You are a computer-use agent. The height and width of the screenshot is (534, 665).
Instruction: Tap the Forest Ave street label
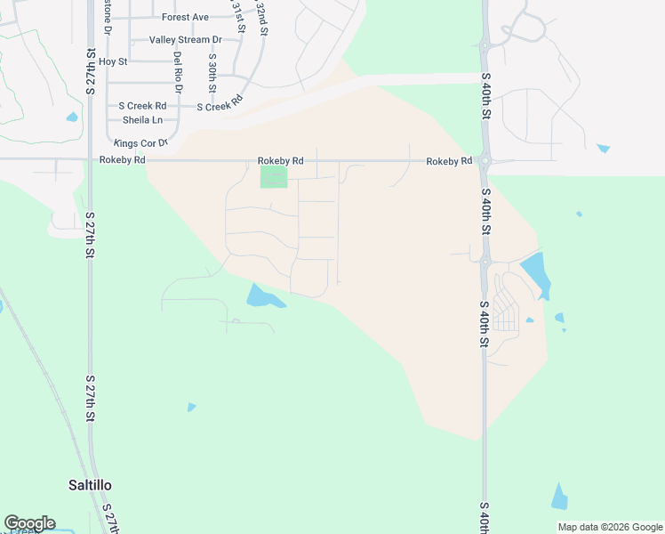coord(185,17)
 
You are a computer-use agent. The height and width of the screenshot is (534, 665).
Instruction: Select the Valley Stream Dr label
coord(185,40)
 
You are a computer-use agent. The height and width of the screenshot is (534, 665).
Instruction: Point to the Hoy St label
coord(114,61)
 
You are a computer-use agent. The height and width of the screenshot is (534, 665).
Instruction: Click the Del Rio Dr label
coord(178,72)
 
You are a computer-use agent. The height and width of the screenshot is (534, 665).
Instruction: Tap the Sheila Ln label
coord(142,120)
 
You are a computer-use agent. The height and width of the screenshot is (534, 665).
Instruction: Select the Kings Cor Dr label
coord(140,143)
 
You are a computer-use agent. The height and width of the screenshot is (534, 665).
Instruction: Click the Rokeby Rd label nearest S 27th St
coord(123,160)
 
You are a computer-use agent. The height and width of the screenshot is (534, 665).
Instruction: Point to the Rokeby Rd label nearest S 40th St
coord(448,161)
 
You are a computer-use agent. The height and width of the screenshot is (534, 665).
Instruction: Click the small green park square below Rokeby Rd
coord(274,176)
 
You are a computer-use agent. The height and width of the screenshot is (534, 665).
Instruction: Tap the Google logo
coord(29,523)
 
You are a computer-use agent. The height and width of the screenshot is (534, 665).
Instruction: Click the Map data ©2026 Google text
coord(610,527)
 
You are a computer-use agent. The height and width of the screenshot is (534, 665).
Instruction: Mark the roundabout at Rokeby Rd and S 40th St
coord(485,161)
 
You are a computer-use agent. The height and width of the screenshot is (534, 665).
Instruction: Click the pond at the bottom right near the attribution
coord(559,498)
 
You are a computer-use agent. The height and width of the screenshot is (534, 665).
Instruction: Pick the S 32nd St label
coord(262,17)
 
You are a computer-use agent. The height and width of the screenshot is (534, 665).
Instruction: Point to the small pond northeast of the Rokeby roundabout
coord(604,148)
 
